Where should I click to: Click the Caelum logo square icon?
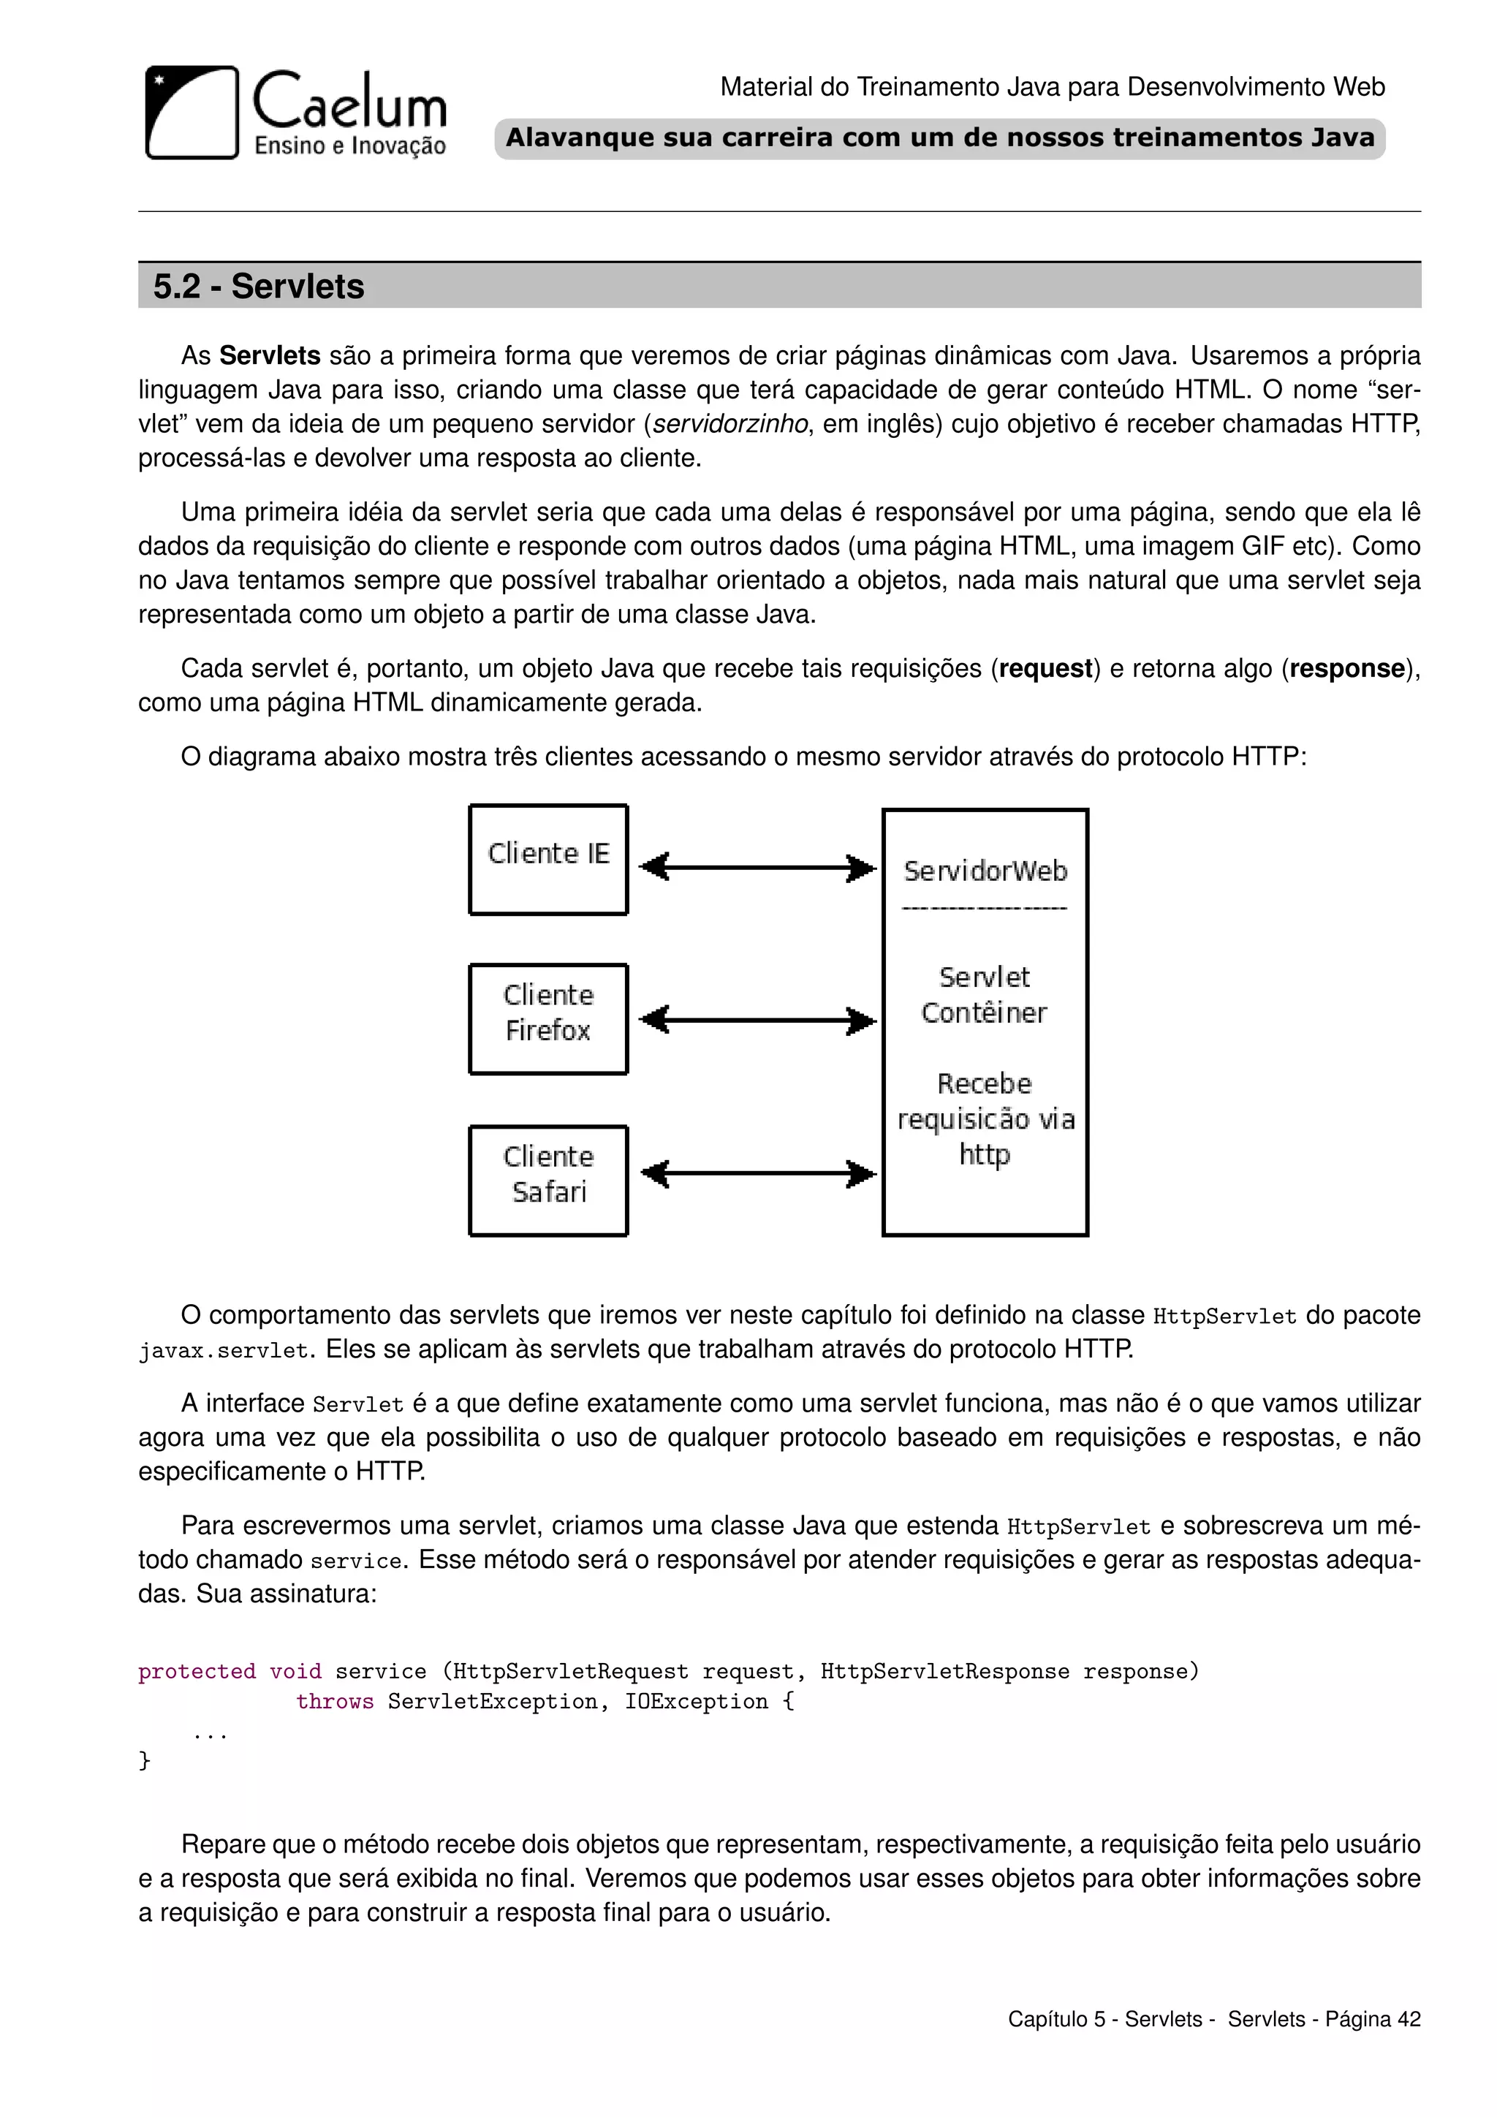click(192, 113)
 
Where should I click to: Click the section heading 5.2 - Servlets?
click(259, 286)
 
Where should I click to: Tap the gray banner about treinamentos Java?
click(939, 138)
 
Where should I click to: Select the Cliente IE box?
click(548, 860)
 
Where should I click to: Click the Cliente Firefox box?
click(548, 1019)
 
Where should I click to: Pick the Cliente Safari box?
click(548, 1180)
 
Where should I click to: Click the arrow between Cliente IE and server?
click(757, 868)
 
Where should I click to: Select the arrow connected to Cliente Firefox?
click(757, 1020)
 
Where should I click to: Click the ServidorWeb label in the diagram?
click(985, 871)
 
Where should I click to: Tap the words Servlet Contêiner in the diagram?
click(985, 995)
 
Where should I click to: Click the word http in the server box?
click(985, 1154)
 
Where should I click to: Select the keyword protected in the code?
click(197, 1672)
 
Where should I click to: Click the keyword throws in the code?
click(335, 1701)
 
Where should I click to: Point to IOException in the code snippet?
click(696, 1701)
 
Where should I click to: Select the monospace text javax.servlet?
click(223, 1351)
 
